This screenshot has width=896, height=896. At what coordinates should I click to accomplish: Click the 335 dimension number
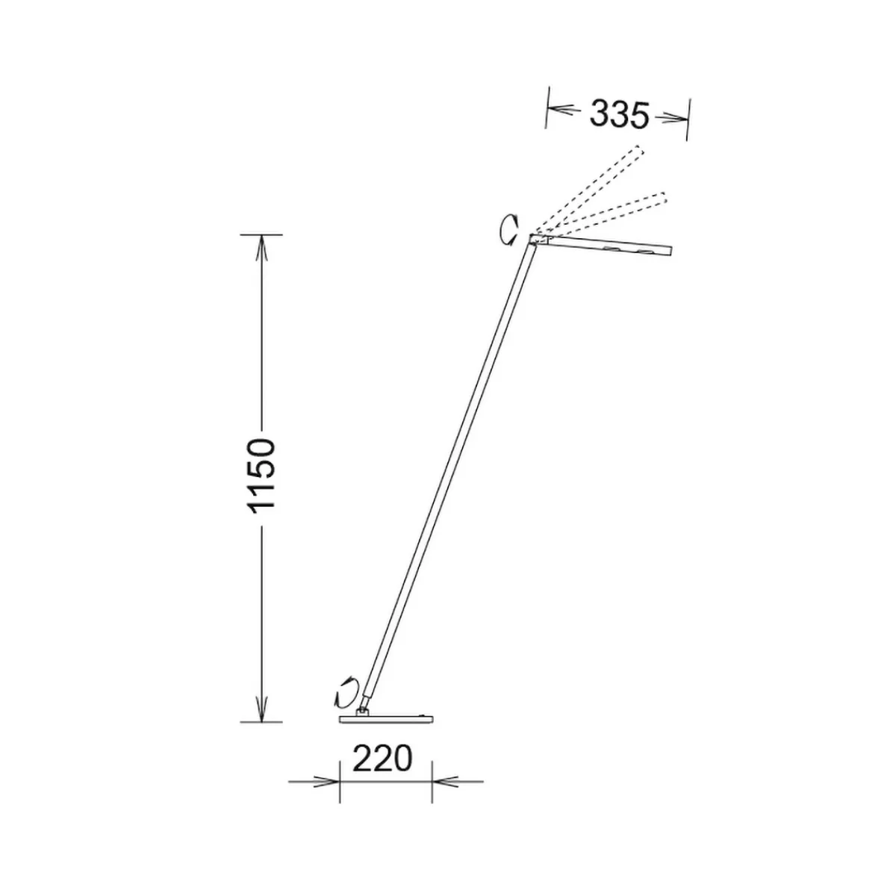pos(618,114)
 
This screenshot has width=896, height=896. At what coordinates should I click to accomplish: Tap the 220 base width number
pos(382,759)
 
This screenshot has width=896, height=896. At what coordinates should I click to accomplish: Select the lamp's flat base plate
pos(386,732)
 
